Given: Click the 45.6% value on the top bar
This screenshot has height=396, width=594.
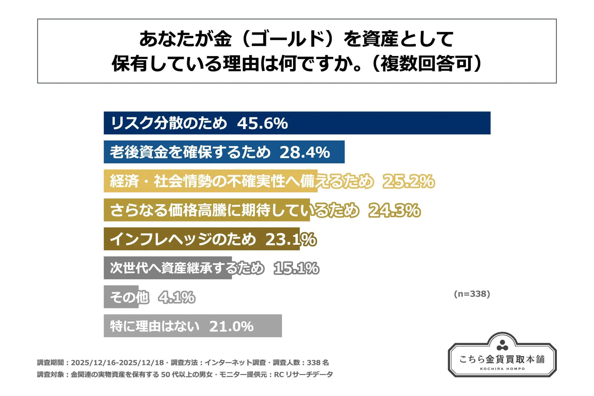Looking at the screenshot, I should click(262, 123).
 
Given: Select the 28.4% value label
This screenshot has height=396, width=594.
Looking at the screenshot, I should click(305, 152).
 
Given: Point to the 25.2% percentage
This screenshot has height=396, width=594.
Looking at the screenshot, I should click(409, 181).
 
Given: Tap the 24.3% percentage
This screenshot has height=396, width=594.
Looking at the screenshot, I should click(394, 210).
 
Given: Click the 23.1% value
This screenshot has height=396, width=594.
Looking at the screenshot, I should click(291, 239).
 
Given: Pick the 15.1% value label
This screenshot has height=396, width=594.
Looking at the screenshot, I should click(296, 268).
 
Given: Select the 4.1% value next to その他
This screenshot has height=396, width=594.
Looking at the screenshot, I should click(177, 297).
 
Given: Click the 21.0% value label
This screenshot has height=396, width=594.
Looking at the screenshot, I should click(231, 326).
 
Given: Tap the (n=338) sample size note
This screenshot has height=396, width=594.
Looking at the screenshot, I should click(472, 294).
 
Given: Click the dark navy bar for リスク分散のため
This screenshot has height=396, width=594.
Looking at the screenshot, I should click(387, 123).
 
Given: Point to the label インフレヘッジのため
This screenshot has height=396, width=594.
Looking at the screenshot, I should click(183, 239).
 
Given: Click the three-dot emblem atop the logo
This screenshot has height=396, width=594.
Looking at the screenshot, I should click(502, 345).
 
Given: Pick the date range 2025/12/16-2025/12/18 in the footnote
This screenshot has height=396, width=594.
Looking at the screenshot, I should click(118, 363).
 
